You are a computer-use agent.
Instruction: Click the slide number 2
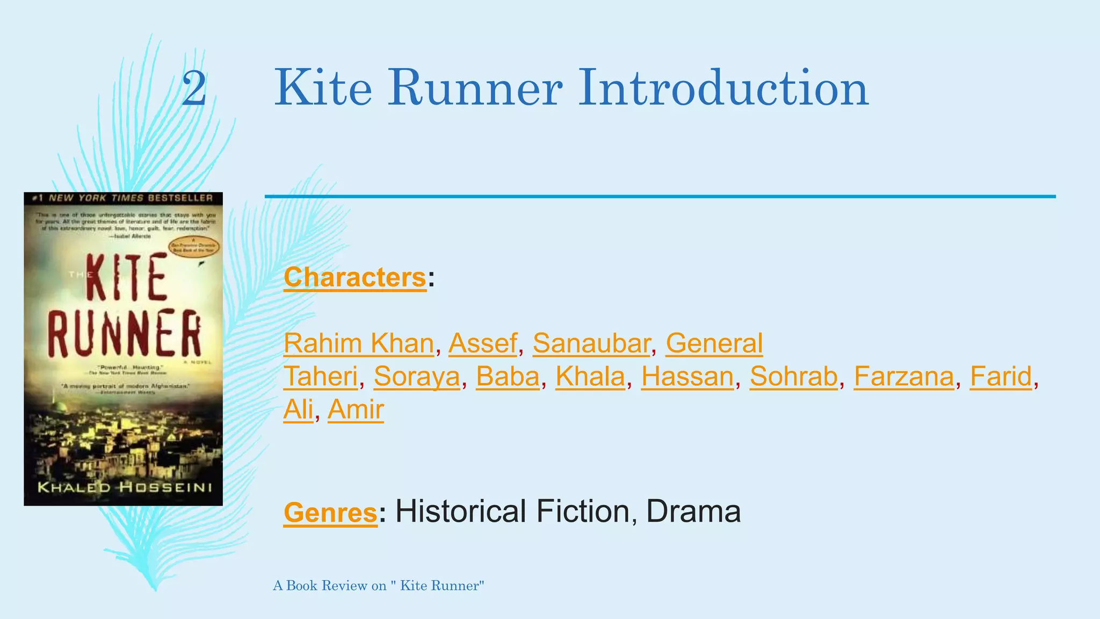[x=194, y=89]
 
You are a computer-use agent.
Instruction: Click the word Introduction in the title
[x=722, y=88]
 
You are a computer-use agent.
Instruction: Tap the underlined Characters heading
[x=354, y=278]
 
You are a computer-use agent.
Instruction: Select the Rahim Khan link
[x=358, y=343]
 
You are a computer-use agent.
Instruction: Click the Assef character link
[x=482, y=343]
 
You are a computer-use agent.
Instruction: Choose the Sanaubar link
[x=591, y=343]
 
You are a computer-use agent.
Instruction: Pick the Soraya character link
[x=417, y=377]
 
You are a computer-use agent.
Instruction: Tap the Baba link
[x=508, y=377]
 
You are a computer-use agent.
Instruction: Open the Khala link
[x=590, y=377]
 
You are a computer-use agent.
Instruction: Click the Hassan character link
[x=687, y=377]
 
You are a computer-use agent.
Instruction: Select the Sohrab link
[x=793, y=377]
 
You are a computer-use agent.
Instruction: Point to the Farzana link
[x=903, y=377]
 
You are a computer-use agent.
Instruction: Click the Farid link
[x=1001, y=377]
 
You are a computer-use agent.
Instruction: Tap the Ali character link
[x=298, y=410]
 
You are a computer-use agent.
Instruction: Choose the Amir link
[x=356, y=410]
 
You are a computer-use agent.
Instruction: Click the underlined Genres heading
[x=330, y=512]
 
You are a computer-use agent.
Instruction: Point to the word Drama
[x=693, y=511]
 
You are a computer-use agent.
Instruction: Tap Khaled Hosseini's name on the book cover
[x=124, y=488]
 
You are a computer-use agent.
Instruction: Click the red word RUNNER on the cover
[x=124, y=333]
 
